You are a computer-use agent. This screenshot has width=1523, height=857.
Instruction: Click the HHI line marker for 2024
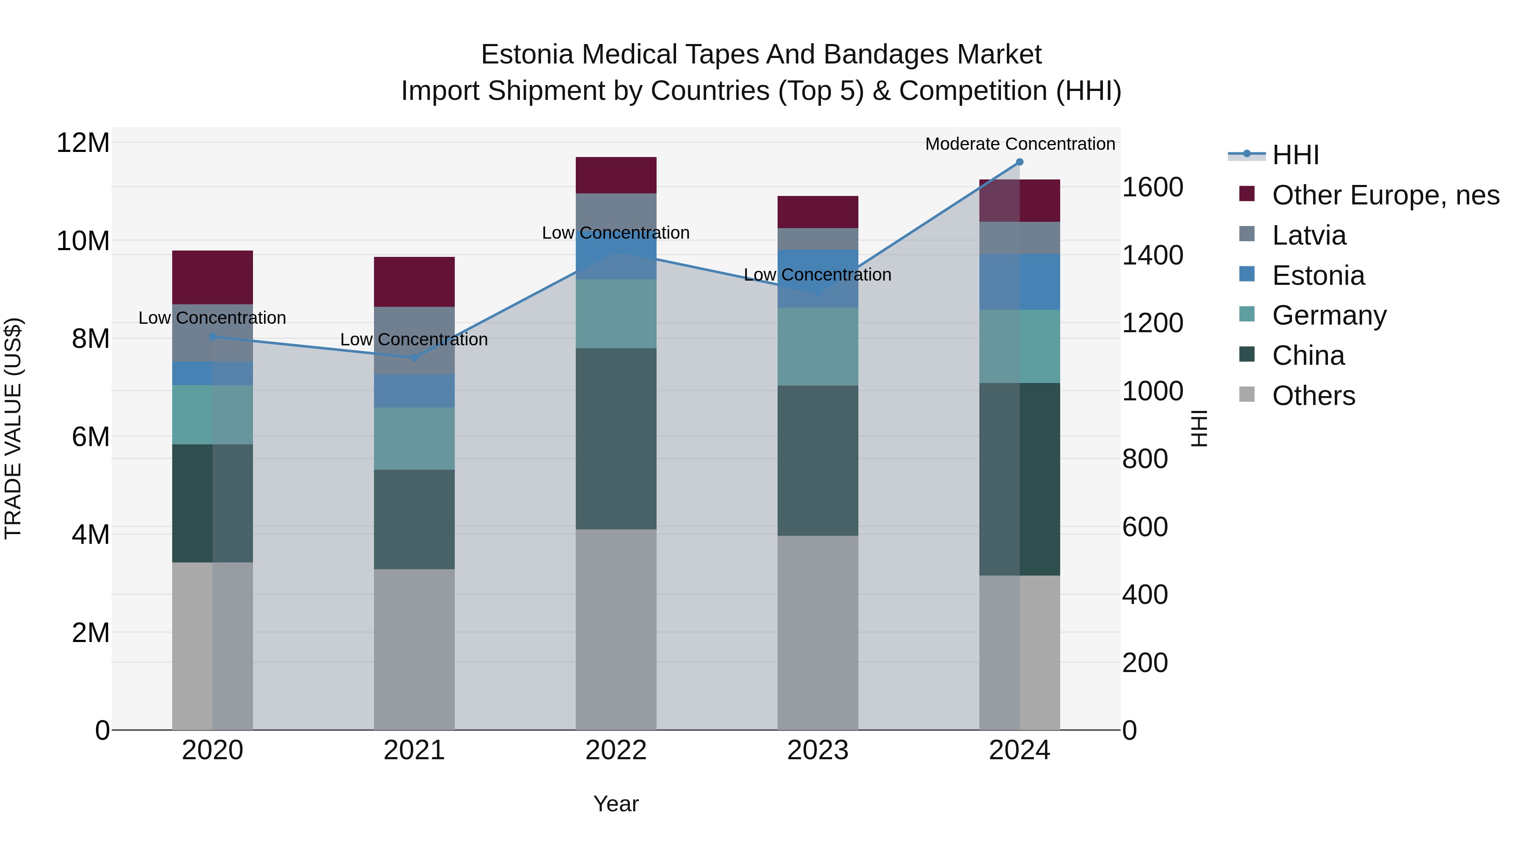coord(1019,162)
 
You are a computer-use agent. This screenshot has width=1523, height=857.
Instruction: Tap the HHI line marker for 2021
coord(414,357)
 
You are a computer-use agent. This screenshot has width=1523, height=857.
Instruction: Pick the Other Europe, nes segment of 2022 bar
coord(616,175)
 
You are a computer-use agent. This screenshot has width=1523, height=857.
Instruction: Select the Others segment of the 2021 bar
coord(414,649)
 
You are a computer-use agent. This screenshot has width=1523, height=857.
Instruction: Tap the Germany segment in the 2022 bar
coord(616,314)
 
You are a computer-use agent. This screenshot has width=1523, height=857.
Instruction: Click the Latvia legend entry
coord(1309,235)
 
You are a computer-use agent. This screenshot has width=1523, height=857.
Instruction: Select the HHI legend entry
coord(1295,155)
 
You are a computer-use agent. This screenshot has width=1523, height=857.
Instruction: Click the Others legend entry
coord(1313,396)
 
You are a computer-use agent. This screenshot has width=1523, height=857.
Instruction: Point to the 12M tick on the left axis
coord(83,143)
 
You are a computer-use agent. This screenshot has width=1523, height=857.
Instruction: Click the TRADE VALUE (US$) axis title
coord(13,428)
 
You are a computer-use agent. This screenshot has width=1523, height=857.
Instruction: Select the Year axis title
coord(616,804)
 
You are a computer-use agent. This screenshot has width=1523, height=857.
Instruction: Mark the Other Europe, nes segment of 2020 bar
coord(212,277)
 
